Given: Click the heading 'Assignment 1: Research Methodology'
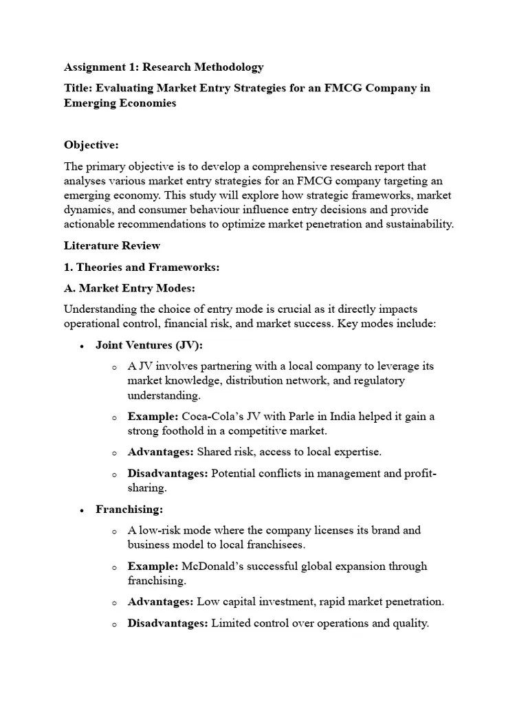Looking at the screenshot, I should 164,67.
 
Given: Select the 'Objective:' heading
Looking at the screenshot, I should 91,145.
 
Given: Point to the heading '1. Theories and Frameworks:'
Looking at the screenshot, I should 141,267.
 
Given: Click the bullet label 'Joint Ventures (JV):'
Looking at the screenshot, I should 149,345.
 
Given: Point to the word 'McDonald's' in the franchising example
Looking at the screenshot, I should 213,566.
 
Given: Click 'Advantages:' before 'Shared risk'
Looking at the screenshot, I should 161,452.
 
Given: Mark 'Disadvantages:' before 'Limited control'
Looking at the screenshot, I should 168,624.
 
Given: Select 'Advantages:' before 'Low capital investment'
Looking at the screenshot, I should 161,602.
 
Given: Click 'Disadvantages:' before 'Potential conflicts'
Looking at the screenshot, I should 168,474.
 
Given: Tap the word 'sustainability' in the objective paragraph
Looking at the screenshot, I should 420,225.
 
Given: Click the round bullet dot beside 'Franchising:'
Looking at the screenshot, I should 82,510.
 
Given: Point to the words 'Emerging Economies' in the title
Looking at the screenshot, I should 120,103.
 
